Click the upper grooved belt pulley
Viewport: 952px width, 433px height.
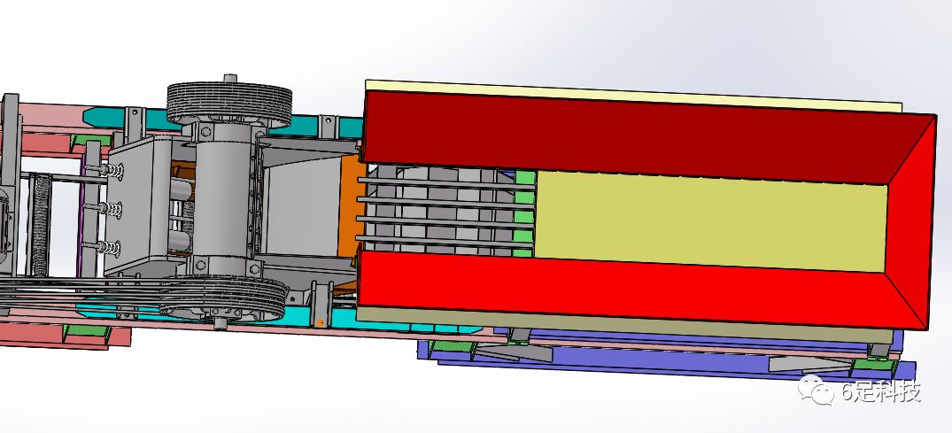pos(229,104)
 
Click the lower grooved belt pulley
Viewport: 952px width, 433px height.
pos(223,298)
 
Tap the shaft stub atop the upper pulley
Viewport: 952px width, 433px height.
pos(230,79)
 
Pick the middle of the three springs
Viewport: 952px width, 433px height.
pos(111,210)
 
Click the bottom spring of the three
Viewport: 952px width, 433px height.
pos(109,248)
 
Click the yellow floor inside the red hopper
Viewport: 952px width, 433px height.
pos(710,220)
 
